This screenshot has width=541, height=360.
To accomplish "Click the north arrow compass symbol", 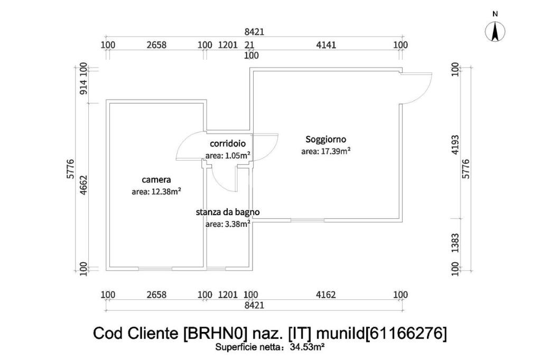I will coord(495,32).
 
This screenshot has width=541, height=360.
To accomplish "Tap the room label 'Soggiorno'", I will coord(326,140).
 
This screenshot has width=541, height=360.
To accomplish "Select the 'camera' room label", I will coord(156,180).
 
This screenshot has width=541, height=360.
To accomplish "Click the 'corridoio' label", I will coord(228,143).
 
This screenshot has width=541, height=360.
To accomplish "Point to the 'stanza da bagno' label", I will coord(228,212).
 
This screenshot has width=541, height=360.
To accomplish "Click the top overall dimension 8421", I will coord(254,32).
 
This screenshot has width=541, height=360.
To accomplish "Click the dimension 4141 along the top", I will coord(326,45).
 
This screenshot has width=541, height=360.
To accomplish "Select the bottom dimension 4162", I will coord(326,294).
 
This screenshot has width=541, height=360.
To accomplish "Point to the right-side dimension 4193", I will coord(456,144).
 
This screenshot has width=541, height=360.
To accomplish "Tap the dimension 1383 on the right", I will coord(456,244).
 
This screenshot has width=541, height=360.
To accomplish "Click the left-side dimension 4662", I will coord(83,186).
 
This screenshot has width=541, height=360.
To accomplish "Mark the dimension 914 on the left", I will coord(83,86).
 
